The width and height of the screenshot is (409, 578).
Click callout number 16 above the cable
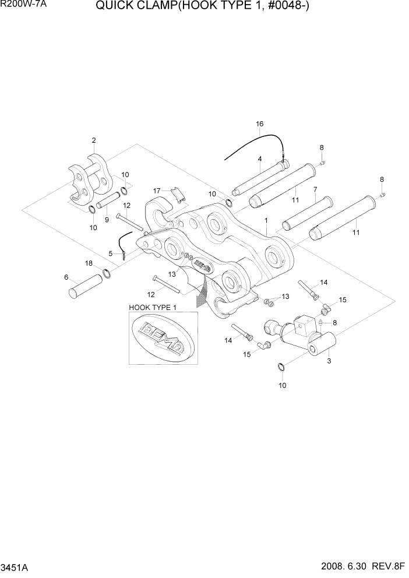tap(260, 124)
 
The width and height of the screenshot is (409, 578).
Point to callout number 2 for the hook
tap(93, 140)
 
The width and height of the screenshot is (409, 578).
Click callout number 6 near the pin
tap(66, 277)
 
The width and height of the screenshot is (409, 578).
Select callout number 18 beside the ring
tap(89, 264)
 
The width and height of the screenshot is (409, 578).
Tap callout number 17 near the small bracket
tap(157, 191)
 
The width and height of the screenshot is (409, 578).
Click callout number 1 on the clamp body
tap(266, 221)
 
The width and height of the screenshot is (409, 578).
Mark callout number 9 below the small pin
tap(107, 220)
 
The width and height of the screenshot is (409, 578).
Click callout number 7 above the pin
tap(315, 189)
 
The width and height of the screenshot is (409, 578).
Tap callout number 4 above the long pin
tap(259, 158)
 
